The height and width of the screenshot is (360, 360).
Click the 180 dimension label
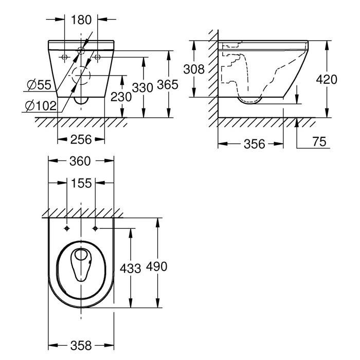(81, 20)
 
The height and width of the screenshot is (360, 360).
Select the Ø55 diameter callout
(39, 85)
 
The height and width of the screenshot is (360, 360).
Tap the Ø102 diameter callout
(41, 106)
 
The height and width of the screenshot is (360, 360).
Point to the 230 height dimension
(121, 97)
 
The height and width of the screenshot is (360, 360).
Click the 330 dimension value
(142, 88)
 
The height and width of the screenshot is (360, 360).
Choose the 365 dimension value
(167, 84)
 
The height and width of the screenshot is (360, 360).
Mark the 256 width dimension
(81, 139)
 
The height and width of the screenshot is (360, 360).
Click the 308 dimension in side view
(194, 69)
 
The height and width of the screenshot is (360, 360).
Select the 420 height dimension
(327, 79)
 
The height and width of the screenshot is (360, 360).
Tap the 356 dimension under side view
(255, 144)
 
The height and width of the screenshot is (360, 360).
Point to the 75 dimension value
(319, 141)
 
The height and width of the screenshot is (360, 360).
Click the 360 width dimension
(80, 161)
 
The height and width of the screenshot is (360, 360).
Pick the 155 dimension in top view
(81, 184)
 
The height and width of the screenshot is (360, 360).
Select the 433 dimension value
(130, 268)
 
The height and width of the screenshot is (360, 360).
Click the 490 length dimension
(156, 266)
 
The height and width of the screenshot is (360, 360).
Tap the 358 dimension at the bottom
(81, 346)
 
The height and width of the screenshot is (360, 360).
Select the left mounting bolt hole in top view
(67, 228)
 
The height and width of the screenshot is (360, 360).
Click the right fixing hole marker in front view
(97, 57)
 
